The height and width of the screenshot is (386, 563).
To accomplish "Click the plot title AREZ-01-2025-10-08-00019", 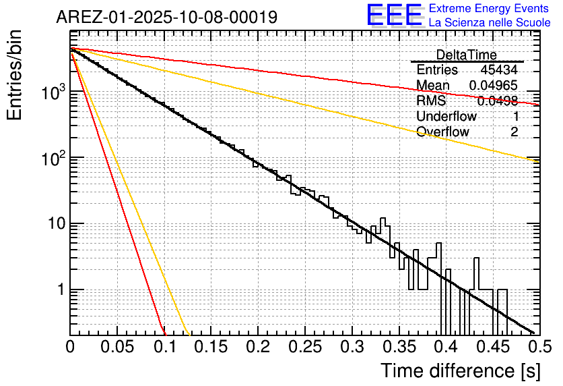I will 166,17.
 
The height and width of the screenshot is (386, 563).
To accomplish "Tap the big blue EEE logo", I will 394,16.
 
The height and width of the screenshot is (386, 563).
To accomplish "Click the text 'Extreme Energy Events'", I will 489,9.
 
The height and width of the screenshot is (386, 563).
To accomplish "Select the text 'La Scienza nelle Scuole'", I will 489,23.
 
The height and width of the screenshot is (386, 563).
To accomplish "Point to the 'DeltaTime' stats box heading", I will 466,55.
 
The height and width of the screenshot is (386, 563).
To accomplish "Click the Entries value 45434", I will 499,70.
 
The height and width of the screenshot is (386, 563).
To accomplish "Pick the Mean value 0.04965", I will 493,86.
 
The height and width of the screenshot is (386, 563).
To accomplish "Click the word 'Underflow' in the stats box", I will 446,116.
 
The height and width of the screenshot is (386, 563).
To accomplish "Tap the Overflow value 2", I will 514,132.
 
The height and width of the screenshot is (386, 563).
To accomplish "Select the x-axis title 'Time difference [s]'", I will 460,370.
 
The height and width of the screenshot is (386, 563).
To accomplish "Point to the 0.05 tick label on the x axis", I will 117,348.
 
